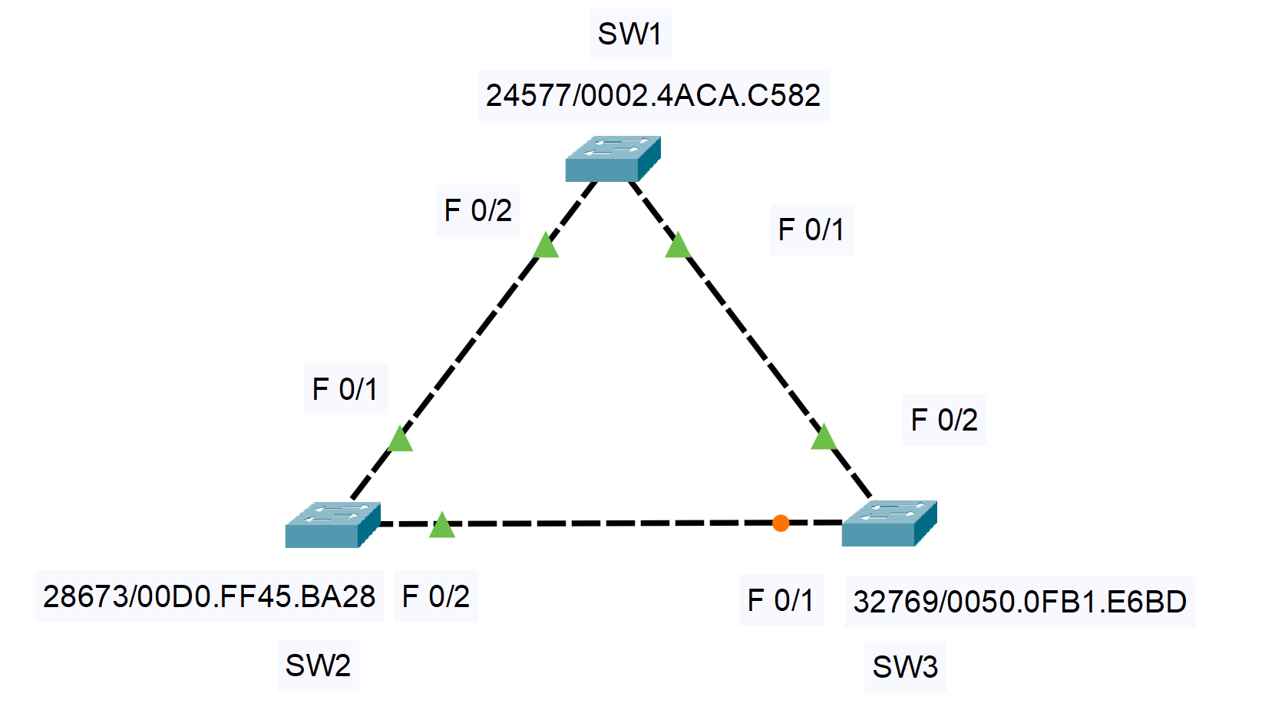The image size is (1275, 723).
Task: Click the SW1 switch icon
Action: coord(613,159)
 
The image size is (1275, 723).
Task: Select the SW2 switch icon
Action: coord(332,525)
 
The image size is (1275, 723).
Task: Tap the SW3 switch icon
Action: coord(889,523)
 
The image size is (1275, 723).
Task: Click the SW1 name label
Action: coord(629,34)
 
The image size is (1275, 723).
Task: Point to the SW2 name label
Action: coord(318,665)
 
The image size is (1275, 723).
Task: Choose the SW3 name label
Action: coord(905,667)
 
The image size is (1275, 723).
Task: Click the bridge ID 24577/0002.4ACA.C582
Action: coord(653,95)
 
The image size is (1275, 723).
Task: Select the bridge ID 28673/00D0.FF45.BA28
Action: coord(209,596)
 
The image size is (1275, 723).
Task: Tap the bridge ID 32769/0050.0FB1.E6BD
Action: coord(1019,602)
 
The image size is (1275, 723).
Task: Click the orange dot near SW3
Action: coord(781,523)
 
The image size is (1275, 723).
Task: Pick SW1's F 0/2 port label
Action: coord(477,210)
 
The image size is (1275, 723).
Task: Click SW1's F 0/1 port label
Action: coord(811,229)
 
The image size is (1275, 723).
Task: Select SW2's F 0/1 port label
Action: coord(345,389)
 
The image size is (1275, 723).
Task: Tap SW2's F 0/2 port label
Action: coord(435,596)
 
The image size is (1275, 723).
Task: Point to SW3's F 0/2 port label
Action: coord(944,420)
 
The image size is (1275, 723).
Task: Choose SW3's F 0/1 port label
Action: coord(781,600)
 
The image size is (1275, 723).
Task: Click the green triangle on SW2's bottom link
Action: coord(442,526)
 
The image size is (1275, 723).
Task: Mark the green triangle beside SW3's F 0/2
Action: coord(824,437)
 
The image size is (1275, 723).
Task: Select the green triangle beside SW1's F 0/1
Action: coord(677,246)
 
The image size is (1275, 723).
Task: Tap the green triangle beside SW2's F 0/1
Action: coord(400,440)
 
